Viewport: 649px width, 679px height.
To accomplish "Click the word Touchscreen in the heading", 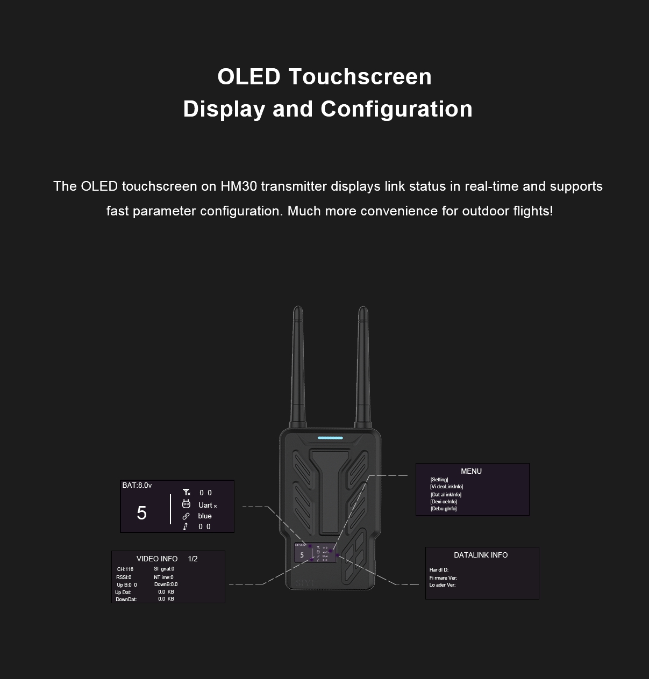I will pyautogui.click(x=360, y=77).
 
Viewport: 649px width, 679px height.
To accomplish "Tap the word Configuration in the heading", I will pyautogui.click(x=397, y=109).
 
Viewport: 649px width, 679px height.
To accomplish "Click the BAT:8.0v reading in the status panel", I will pyautogui.click(x=137, y=486).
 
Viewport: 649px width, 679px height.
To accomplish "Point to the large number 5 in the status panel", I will pyautogui.click(x=141, y=513).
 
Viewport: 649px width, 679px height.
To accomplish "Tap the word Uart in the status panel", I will pyautogui.click(x=205, y=505).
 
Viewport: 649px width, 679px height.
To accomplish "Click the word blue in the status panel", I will pyautogui.click(x=205, y=516).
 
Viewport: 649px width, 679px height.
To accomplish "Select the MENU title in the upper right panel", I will pyautogui.click(x=471, y=471).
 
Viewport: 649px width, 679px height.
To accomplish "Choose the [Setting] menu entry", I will pyautogui.click(x=439, y=480).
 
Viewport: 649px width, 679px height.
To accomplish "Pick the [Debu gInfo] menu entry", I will pyautogui.click(x=444, y=508).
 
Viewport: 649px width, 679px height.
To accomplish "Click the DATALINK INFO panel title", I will pyautogui.click(x=481, y=555).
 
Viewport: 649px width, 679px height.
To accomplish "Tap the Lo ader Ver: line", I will pyautogui.click(x=443, y=585).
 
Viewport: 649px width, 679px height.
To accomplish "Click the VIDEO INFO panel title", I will pyautogui.click(x=157, y=559).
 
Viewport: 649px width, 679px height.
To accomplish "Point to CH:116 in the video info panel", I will pyautogui.click(x=125, y=569).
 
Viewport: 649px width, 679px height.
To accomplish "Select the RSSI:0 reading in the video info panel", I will pyautogui.click(x=124, y=577).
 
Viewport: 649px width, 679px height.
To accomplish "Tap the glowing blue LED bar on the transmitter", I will pyautogui.click(x=330, y=438).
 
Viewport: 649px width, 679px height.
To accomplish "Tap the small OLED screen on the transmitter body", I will pyautogui.click(x=315, y=553).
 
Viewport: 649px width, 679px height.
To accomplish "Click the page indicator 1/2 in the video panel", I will pyautogui.click(x=193, y=559).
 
